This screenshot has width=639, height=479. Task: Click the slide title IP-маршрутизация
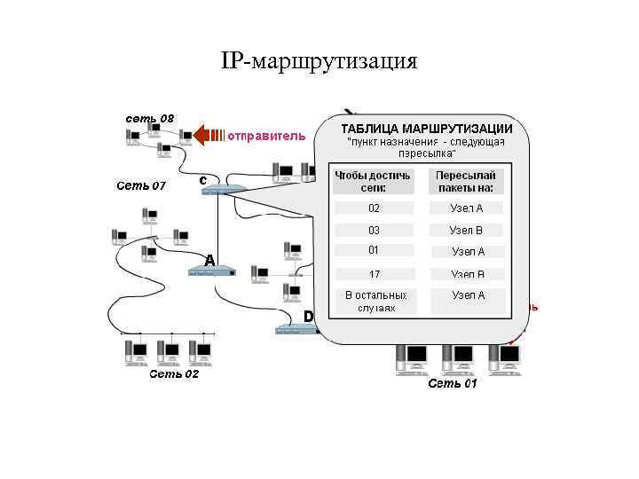pyautogui.click(x=319, y=61)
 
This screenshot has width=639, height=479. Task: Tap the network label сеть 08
pyautogui.click(x=149, y=117)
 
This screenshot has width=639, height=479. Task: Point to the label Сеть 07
pyautogui.click(x=141, y=185)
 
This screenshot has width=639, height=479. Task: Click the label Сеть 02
pyautogui.click(x=174, y=373)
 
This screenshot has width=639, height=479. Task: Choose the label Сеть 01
pyautogui.click(x=453, y=383)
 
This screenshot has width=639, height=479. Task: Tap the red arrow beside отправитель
pyautogui.click(x=209, y=135)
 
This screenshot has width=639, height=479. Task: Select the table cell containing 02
pyautogui.click(x=374, y=208)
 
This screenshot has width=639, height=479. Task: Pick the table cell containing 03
pyautogui.click(x=374, y=230)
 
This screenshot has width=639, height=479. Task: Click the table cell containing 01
pyautogui.click(x=374, y=250)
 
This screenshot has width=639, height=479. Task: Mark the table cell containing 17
pyautogui.click(x=374, y=274)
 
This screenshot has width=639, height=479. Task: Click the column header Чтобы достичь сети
pyautogui.click(x=373, y=182)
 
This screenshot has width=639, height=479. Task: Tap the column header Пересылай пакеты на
pyautogui.click(x=467, y=182)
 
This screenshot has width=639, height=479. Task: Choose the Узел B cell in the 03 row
pyautogui.click(x=467, y=230)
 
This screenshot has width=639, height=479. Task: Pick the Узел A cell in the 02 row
pyautogui.click(x=467, y=208)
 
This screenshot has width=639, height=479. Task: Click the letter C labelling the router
pyautogui.click(x=203, y=180)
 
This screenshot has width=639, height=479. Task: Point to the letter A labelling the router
pyautogui.click(x=209, y=260)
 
